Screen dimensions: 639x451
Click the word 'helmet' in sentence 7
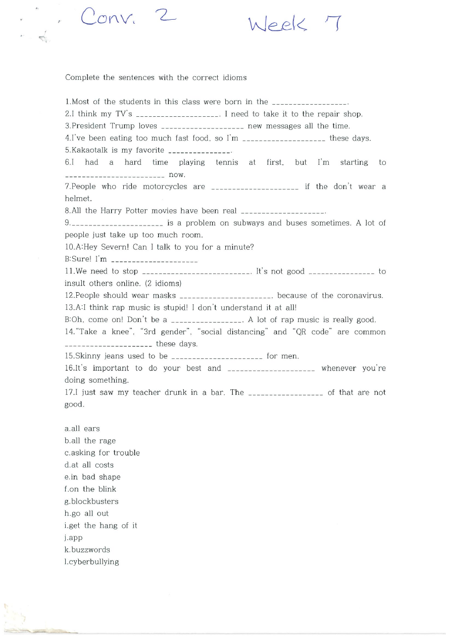[77, 199]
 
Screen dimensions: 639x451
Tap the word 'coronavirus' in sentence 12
[362, 296]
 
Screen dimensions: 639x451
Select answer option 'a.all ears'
[82, 429]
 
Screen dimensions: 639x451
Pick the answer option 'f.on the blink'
[90, 489]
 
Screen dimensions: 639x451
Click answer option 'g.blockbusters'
[91, 501]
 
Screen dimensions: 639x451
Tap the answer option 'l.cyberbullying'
[92, 562]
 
